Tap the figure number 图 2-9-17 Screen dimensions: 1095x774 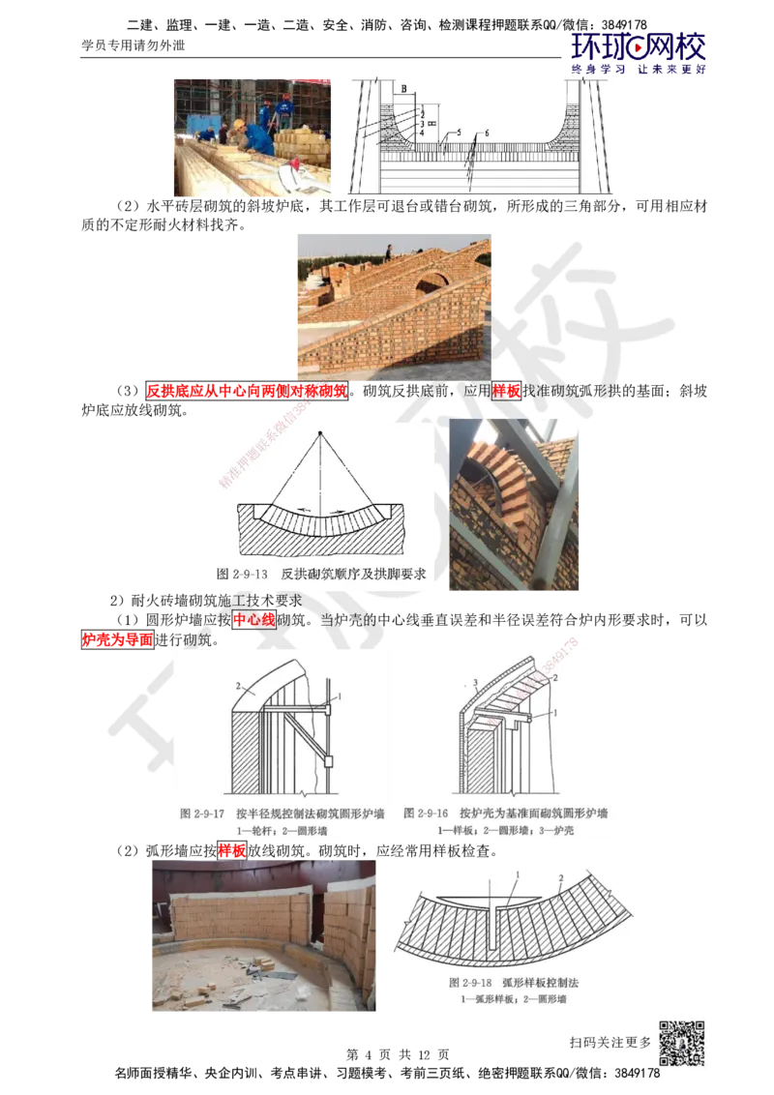pos(203,814)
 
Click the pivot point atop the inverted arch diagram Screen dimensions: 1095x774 pos(318,430)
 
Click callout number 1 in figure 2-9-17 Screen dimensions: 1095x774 pos(341,696)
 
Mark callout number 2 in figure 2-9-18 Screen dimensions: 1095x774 pos(560,878)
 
